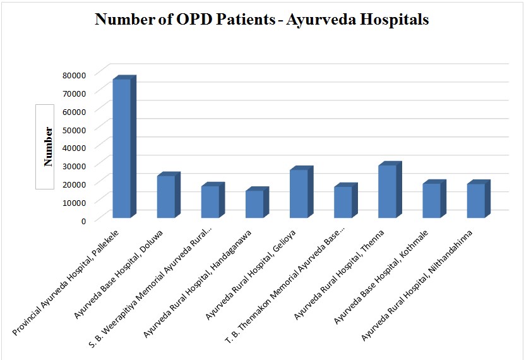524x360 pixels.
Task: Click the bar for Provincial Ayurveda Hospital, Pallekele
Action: [122, 148]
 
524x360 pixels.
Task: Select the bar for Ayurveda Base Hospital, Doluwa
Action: [166, 196]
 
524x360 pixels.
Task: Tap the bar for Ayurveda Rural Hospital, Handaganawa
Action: [254, 204]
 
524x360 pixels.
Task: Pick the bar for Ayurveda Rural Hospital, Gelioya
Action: [299, 193]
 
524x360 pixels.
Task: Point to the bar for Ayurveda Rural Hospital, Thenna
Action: [387, 191]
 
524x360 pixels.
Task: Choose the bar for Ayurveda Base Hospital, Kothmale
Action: [431, 200]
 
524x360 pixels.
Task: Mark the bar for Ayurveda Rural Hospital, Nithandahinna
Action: [475, 200]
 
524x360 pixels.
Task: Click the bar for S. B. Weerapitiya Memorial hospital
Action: [210, 201]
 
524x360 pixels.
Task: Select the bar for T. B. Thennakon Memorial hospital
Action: [343, 202]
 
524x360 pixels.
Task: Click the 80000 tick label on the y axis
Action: [74, 75]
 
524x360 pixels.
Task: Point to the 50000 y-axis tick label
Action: [74, 129]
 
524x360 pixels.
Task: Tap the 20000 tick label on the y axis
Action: [74, 184]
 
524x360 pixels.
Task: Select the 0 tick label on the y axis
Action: [82, 220]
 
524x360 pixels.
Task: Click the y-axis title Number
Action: [48, 147]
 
